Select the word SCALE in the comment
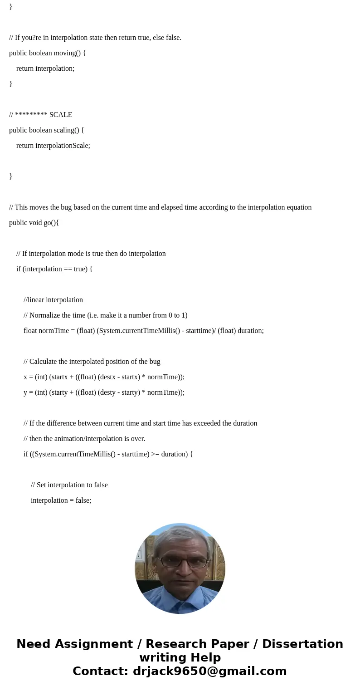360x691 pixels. pyautogui.click(x=61, y=115)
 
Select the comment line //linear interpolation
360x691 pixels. pyautogui.click(x=53, y=300)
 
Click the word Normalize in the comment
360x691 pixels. pyautogui.click(x=45, y=315)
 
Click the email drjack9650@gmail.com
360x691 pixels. pyautogui.click(x=209, y=671)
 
